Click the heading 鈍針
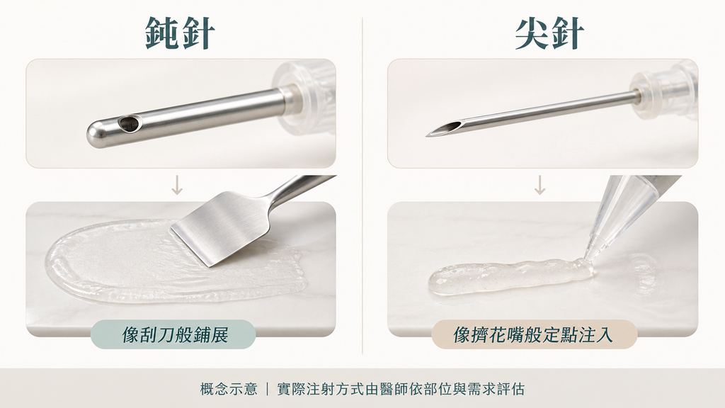coord(180,33)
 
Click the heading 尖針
coord(549,33)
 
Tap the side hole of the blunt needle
coord(129,123)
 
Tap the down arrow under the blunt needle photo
coord(177,185)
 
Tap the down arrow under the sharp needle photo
coord(540,185)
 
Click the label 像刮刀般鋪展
coord(175,334)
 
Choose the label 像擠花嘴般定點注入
coord(534,334)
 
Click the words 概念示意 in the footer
coord(229,389)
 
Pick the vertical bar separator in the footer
coord(267,389)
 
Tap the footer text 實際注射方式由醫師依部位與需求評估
coord(401,389)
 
